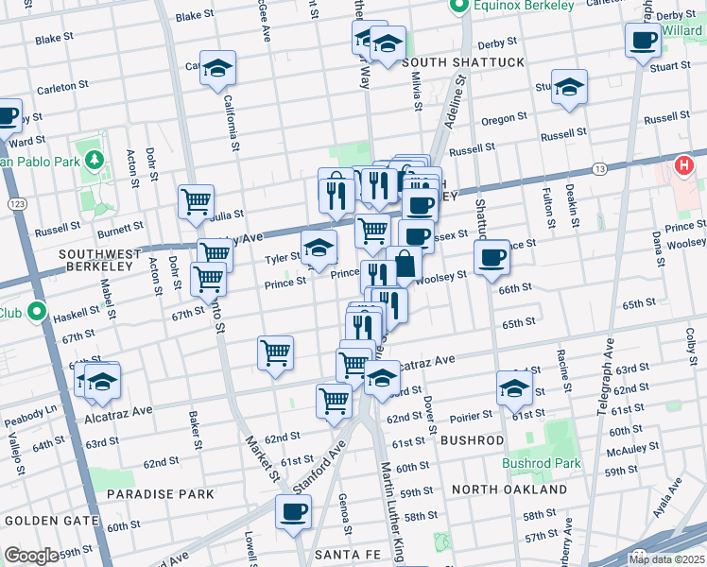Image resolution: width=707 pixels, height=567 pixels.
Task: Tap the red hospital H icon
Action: tap(685, 166)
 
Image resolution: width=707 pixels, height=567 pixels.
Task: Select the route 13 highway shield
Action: tap(599, 168)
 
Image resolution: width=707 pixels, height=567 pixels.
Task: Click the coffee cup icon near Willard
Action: tap(643, 41)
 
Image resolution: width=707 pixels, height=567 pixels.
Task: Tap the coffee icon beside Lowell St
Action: tap(293, 511)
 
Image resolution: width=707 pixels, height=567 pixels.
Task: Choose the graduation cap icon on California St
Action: tap(217, 69)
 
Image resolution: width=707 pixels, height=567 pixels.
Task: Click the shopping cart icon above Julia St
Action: tap(196, 200)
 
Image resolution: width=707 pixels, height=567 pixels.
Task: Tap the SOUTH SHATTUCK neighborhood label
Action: tap(449, 62)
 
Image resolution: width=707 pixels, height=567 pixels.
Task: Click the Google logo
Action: tap(30, 556)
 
